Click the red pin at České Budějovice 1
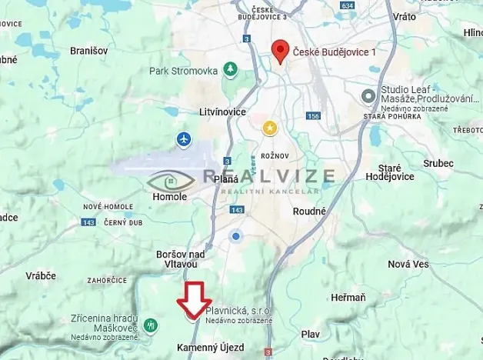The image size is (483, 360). (281, 52)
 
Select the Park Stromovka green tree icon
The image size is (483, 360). (230, 70)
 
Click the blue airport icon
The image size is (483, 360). (183, 139)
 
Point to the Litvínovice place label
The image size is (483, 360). (221, 112)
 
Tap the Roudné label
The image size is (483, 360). (310, 211)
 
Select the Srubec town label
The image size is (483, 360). (438, 163)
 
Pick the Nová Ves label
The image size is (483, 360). (408, 264)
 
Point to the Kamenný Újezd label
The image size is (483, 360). (210, 348)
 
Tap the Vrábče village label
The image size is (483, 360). (40, 275)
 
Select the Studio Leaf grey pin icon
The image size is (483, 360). (368, 95)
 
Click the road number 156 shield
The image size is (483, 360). (312, 116)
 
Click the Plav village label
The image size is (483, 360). (310, 334)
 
